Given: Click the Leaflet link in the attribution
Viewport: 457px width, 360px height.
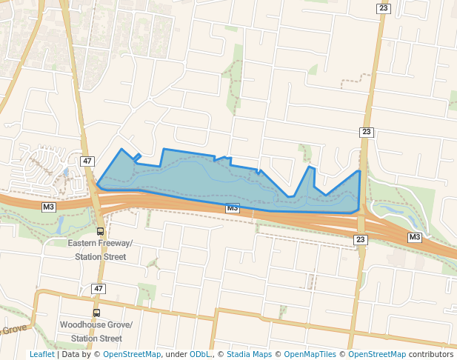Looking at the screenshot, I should tap(41, 354).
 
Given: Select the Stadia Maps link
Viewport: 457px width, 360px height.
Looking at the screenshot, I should tap(248, 354).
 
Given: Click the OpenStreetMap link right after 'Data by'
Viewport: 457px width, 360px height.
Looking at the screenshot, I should tap(132, 354).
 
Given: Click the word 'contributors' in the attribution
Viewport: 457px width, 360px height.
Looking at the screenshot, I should tap(431, 354).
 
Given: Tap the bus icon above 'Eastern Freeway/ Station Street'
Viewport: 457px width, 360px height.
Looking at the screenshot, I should tap(101, 231).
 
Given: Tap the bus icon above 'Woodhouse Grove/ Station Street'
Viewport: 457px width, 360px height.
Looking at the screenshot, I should tap(97, 313).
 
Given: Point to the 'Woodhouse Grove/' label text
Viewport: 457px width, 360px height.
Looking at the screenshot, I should tap(96, 325).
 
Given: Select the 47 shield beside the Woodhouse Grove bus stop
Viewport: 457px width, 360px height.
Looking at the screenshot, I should tap(99, 287).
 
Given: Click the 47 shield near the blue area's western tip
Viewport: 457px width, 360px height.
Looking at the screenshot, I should tap(87, 161).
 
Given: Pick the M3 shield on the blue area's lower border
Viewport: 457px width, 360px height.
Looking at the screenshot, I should tap(233, 208).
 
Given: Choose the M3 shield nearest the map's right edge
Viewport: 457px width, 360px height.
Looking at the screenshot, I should tap(414, 237).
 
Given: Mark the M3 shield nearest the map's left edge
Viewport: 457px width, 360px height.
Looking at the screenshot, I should tap(49, 206).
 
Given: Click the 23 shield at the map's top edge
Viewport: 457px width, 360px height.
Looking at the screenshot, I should tap(383, 8).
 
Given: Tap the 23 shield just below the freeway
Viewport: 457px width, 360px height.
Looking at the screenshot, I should tap(360, 239).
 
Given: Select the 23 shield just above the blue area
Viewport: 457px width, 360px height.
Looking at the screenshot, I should tap(366, 132).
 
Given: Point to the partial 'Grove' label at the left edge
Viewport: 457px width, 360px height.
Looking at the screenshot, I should tap(15, 328).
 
